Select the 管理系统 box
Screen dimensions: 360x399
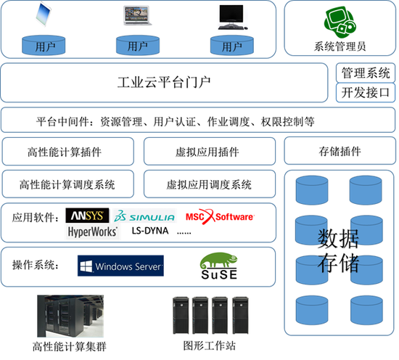366,73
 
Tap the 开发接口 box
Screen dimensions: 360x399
366,92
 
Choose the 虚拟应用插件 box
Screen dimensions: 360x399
209,152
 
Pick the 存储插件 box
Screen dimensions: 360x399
340,152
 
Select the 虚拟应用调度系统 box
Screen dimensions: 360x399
209,184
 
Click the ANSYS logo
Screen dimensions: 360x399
87,216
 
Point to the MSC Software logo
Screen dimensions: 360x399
220,216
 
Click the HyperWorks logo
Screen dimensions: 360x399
93,232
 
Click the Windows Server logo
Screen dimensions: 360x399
120,266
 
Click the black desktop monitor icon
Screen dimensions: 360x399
231,15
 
